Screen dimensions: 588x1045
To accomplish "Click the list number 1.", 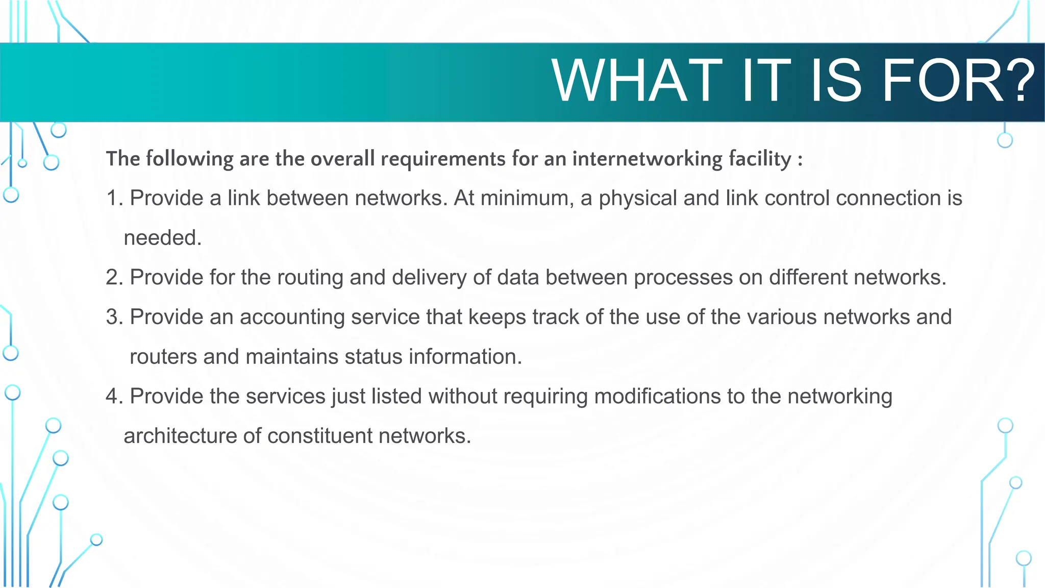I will (x=113, y=198).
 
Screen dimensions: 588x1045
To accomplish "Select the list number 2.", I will (x=113, y=277).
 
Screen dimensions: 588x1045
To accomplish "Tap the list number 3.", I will (x=113, y=317).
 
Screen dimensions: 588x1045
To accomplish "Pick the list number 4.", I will (x=113, y=396).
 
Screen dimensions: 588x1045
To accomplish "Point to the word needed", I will (x=162, y=238).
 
